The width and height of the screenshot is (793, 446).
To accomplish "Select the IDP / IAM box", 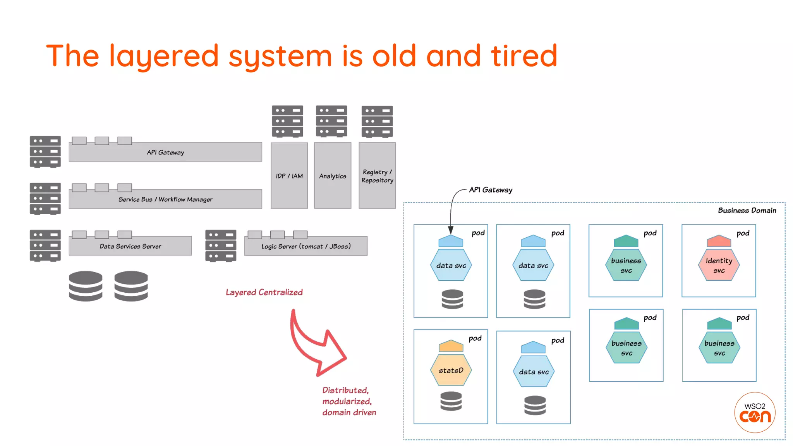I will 289,176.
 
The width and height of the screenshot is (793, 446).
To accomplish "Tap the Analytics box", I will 333,176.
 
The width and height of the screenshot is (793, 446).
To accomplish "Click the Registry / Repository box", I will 377,176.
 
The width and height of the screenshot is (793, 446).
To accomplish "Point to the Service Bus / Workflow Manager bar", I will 165,199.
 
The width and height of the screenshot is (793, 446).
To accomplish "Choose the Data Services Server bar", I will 130,246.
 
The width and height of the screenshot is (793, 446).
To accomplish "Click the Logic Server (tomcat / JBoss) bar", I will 306,246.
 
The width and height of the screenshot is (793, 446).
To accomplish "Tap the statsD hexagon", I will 451,371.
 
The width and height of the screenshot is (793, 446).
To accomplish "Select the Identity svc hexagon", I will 719,265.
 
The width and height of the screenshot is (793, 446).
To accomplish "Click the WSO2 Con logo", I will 755,412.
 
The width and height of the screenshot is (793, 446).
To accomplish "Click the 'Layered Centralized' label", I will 264,292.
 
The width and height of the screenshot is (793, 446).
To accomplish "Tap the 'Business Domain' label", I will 747,210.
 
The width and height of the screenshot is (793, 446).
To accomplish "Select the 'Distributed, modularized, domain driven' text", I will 348,401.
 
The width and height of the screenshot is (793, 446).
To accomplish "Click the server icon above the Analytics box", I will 331,121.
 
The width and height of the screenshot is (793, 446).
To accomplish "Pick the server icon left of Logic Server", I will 221,246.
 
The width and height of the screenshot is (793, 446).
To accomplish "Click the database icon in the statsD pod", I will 451,401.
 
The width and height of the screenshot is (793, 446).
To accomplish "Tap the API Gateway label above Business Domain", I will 491,190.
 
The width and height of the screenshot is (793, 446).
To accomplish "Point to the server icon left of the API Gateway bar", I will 45,151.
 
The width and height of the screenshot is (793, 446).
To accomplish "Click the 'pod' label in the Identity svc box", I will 743,233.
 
